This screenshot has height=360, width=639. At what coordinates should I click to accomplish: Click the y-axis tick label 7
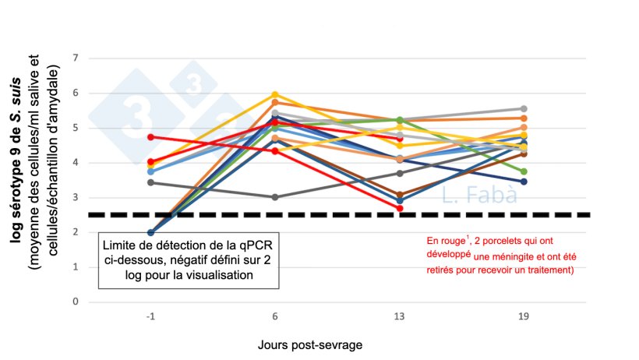[x=76, y=58]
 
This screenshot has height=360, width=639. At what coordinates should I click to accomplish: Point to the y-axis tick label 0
[x=76, y=302]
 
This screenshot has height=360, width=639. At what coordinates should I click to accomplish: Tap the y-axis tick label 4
[x=76, y=163]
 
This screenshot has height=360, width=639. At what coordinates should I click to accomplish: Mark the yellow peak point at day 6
[x=274, y=95]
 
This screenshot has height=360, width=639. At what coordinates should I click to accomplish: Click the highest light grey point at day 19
[x=524, y=109]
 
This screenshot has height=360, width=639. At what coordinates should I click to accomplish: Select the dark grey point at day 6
[x=274, y=197]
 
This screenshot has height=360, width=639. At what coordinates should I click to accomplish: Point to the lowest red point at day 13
[x=399, y=208]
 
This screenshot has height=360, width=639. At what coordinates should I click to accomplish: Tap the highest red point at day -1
[x=150, y=137]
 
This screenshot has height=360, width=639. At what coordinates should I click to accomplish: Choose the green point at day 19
[x=524, y=171]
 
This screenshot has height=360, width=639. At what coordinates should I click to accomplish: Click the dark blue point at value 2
[x=150, y=232]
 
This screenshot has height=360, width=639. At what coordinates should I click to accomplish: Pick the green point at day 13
[x=399, y=120]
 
